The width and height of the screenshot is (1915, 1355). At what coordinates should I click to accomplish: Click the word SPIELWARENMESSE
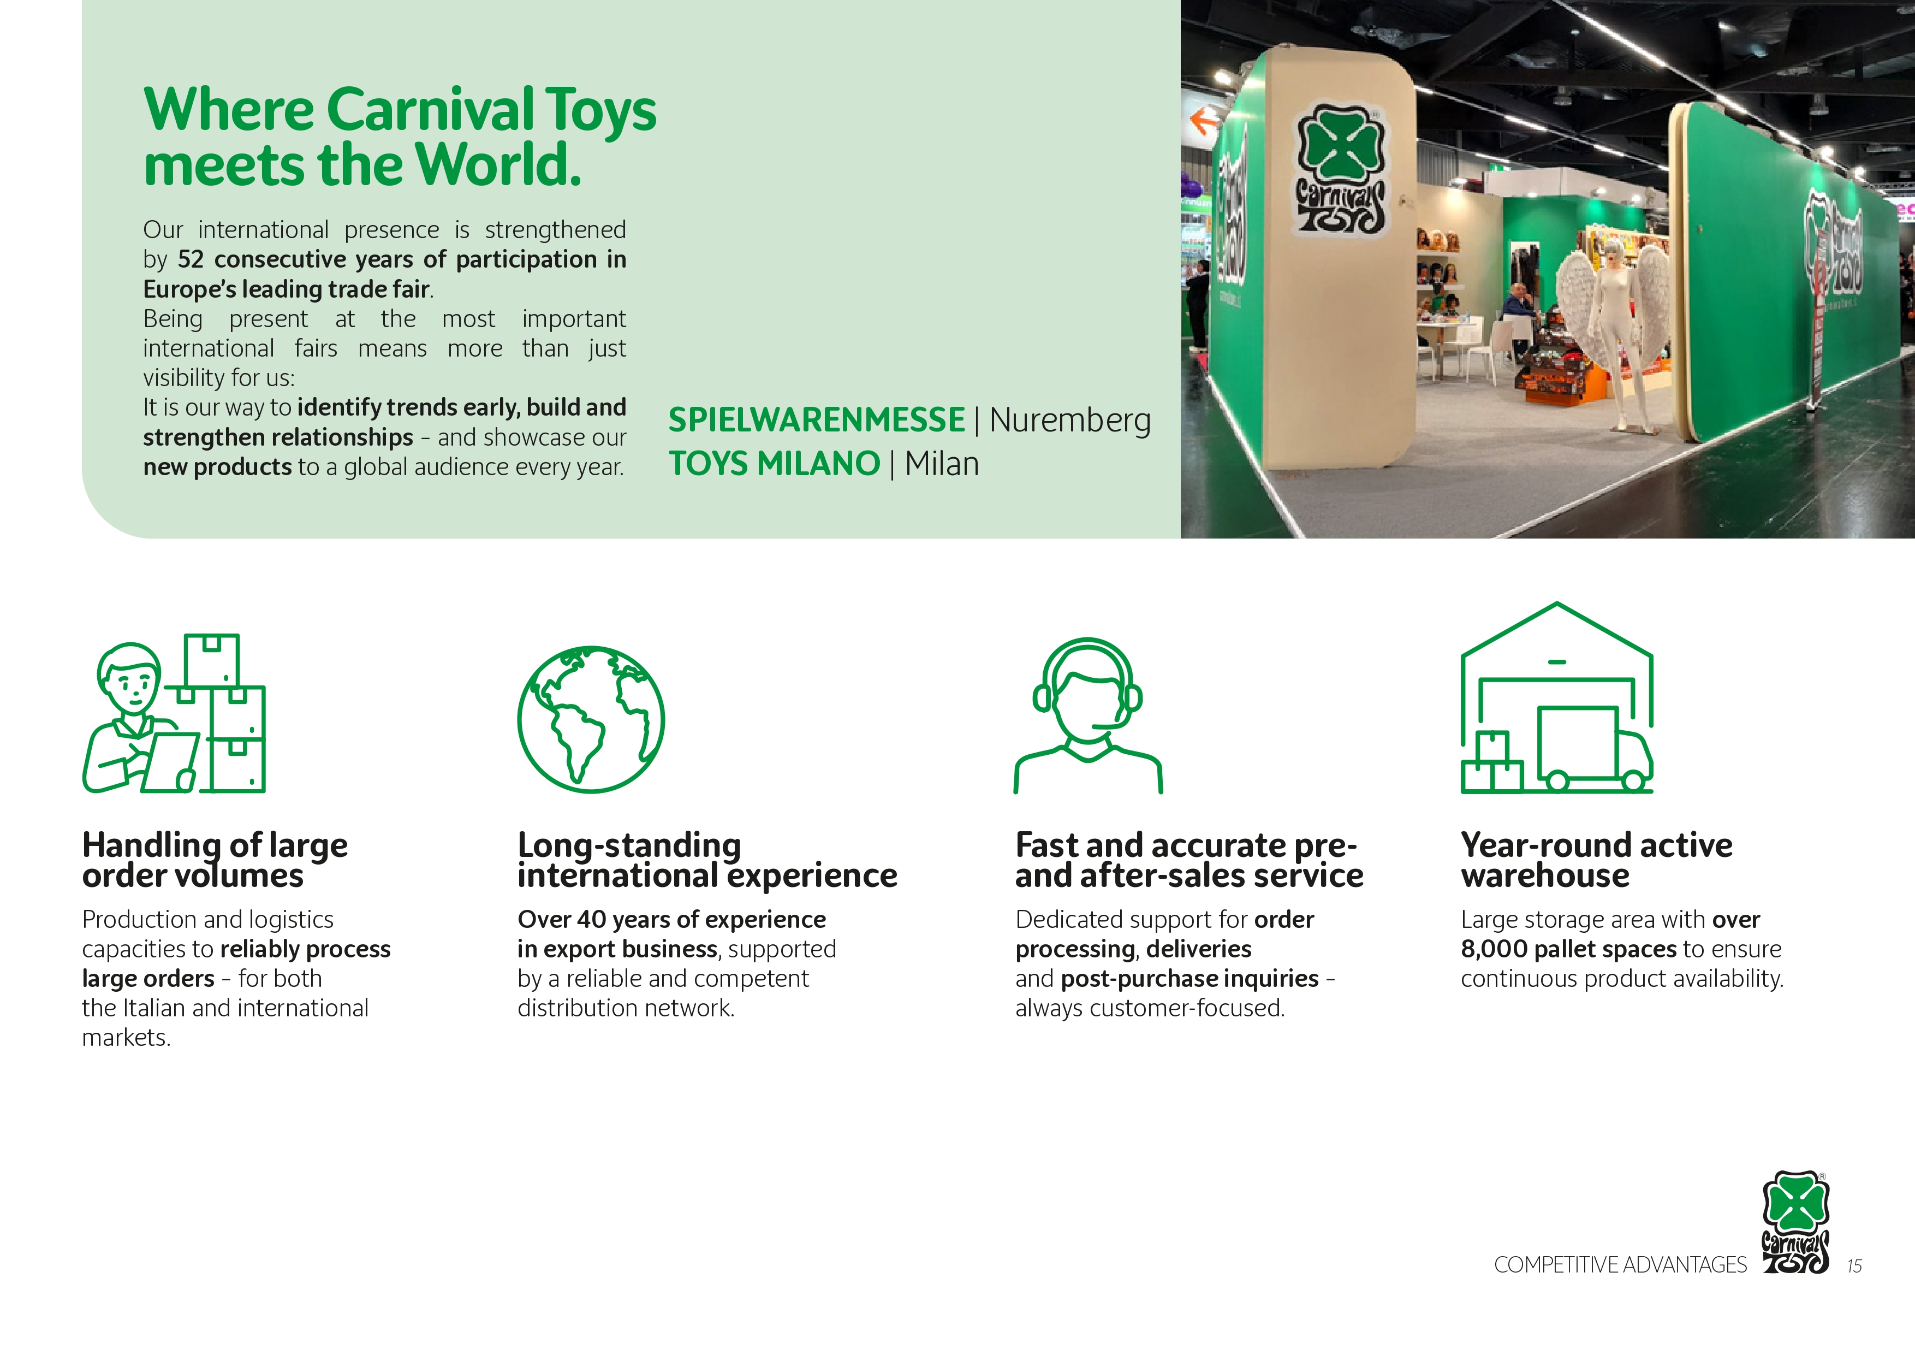coord(817,419)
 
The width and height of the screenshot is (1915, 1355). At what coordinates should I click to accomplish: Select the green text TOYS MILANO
coord(774,464)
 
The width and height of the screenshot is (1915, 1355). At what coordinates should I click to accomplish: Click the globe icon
coord(591,719)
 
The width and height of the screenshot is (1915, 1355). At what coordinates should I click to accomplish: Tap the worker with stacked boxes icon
coord(174,713)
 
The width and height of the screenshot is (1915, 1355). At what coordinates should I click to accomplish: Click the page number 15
coord(1854,1266)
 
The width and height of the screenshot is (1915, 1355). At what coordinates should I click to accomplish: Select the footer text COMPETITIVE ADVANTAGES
coord(1620,1265)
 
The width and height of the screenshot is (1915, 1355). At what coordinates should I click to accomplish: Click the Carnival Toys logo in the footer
coord(1796,1222)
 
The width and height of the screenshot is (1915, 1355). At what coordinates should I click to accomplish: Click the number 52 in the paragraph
coord(190,259)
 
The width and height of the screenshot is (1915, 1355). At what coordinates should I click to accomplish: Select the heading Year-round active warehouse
coord(1596,860)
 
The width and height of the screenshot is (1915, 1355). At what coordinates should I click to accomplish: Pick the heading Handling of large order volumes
coord(215,860)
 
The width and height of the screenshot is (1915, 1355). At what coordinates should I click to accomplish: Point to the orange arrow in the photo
coord(1204,122)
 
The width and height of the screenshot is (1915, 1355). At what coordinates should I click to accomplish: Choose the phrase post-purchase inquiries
coord(1190,979)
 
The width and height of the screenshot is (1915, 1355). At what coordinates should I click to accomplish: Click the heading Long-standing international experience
coord(707,860)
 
